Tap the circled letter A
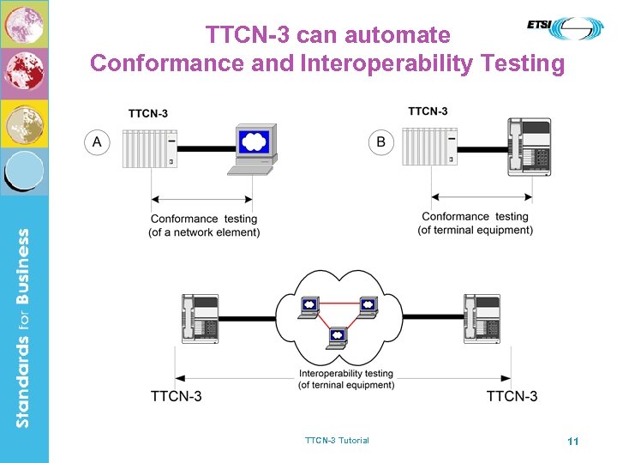(x=96, y=142)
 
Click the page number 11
(x=573, y=441)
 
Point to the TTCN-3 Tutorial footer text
(x=337, y=441)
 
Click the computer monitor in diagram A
(x=254, y=147)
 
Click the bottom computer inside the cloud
(x=338, y=337)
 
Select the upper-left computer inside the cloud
(x=308, y=306)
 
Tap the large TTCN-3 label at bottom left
(x=177, y=396)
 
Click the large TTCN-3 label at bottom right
(x=512, y=396)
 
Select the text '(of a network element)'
(x=204, y=232)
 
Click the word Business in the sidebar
(x=23, y=271)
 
